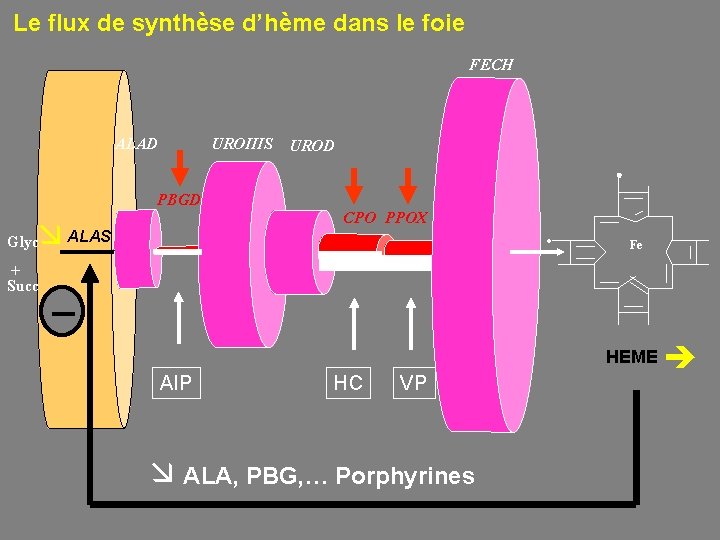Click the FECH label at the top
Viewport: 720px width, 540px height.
click(x=491, y=65)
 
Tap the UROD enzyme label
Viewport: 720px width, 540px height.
click(x=312, y=146)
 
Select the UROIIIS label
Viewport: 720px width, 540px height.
click(x=242, y=144)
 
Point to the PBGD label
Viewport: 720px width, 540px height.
click(x=179, y=198)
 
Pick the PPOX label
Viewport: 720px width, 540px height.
click(x=406, y=217)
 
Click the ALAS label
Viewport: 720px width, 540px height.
click(x=90, y=236)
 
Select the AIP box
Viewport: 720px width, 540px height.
click(x=176, y=382)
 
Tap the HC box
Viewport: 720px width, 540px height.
click(x=348, y=382)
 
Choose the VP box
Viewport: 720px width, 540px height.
click(x=413, y=382)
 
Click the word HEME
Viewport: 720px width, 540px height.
click(x=632, y=357)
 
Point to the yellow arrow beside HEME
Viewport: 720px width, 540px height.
click(x=685, y=355)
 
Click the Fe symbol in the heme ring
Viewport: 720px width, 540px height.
click(x=635, y=245)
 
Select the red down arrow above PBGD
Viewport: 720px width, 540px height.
click(x=181, y=166)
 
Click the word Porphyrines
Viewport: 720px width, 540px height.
click(x=405, y=476)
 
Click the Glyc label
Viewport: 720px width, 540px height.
click(x=22, y=242)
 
